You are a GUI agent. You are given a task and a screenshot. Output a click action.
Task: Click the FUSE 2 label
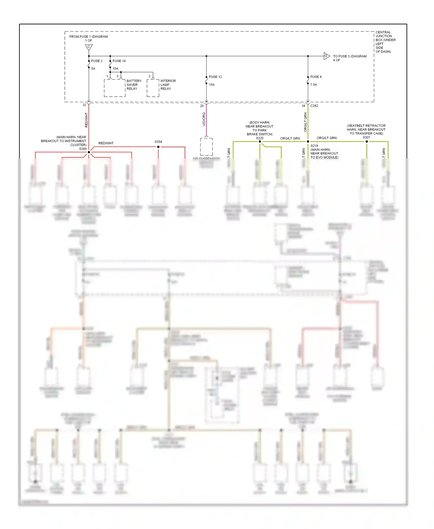pyautogui.click(x=97, y=61)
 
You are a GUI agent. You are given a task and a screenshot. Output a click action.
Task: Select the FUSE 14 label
pyautogui.click(x=119, y=61)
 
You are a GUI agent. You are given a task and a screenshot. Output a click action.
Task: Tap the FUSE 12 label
pyautogui.click(x=215, y=77)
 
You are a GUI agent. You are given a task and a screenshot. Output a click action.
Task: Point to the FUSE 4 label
pyautogui.click(x=316, y=77)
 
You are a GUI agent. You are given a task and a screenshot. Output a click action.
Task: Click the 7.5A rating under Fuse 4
pyautogui.click(x=314, y=85)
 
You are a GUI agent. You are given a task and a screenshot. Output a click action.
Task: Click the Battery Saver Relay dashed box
pyautogui.click(x=115, y=88)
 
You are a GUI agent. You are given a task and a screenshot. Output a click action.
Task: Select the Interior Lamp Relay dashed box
pyautogui.click(x=153, y=88)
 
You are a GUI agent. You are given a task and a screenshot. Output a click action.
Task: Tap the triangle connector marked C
pyautogui.click(x=89, y=47)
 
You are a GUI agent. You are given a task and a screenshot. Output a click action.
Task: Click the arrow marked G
pyautogui.click(x=326, y=56)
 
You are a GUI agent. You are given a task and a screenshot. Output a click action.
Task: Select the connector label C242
pyautogui.click(x=314, y=106)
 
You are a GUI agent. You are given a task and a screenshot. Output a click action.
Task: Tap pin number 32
pyautogui.click(x=84, y=105)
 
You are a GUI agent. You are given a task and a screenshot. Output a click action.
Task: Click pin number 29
pyautogui.click(x=202, y=106)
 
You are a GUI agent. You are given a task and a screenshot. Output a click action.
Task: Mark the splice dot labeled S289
pyautogui.click(x=89, y=152)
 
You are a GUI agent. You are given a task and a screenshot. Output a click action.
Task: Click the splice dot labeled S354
pyautogui.click(x=158, y=147)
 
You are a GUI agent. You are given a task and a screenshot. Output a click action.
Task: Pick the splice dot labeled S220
pyautogui.click(x=260, y=142)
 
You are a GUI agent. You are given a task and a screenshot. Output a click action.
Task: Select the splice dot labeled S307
pyautogui.click(x=367, y=142)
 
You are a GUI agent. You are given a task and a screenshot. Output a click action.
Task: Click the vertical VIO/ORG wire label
pyautogui.click(x=204, y=119)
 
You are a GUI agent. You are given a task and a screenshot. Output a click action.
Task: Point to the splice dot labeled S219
pyautogui.click(x=308, y=142)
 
